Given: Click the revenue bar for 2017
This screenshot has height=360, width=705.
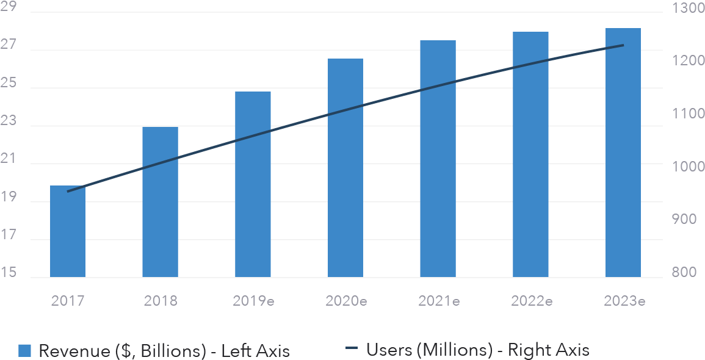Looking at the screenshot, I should pos(68,232).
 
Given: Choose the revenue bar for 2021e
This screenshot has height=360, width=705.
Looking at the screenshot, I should pos(438,159).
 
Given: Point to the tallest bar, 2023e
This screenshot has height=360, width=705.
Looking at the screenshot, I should pos(623,153).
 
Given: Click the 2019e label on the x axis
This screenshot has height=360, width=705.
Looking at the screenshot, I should pos(253,300).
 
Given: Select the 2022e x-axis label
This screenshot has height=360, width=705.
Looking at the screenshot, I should pos(531,300).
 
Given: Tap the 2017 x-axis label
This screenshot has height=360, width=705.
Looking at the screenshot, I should pos(68,300).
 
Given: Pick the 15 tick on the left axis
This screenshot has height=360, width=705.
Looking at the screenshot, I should pos(9,273).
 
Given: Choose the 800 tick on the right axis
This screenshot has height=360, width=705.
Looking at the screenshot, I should pos(684,273).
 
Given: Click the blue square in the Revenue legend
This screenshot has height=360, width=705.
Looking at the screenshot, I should pos(24,350).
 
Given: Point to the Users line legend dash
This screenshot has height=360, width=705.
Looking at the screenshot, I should pos(351,350).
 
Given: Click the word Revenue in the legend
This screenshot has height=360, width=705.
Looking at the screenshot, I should pos(73,350).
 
